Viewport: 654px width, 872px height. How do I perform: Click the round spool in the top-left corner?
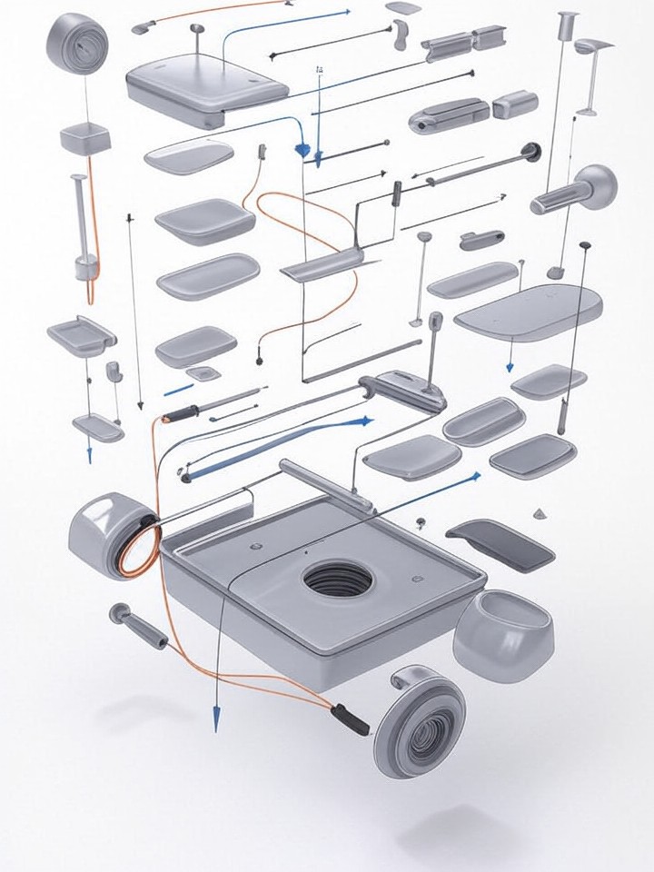point(77,42)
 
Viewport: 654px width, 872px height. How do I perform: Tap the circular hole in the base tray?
point(337,579)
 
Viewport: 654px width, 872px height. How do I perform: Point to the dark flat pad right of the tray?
point(500,544)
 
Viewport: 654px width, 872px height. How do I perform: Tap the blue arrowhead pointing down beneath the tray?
point(217,721)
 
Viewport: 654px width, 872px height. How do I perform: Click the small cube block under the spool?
point(85,139)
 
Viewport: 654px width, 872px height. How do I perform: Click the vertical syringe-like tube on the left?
point(83,227)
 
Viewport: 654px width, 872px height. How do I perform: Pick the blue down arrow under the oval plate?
point(510,366)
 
